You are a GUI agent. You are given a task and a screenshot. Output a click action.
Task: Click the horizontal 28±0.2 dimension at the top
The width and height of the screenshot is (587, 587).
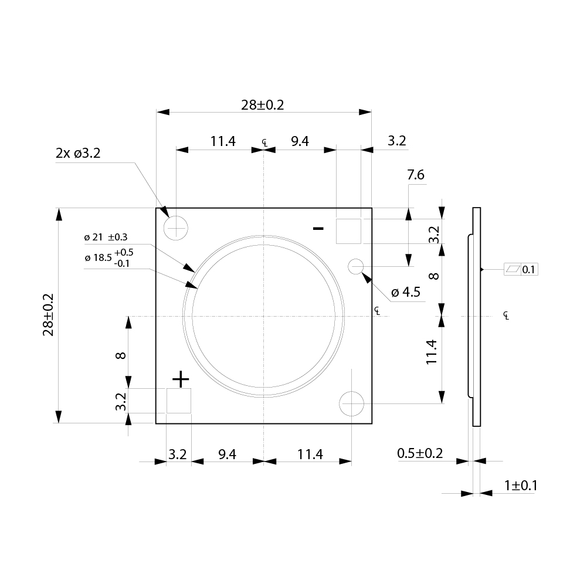(263, 105)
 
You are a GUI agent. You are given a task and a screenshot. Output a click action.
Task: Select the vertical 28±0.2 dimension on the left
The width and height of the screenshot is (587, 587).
(49, 315)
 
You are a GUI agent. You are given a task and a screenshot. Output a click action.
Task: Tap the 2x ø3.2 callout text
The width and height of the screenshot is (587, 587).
(78, 153)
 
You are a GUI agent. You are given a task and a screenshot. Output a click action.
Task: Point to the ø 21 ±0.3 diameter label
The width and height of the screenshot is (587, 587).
(106, 237)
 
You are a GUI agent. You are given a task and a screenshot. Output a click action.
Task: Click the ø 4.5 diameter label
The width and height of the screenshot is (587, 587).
(406, 292)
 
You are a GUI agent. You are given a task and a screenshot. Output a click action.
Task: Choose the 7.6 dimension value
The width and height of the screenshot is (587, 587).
(416, 175)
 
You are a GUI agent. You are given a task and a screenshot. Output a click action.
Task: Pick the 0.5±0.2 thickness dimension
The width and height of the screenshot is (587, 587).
(420, 453)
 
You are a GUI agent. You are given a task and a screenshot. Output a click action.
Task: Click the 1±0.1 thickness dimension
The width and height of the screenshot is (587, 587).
(520, 486)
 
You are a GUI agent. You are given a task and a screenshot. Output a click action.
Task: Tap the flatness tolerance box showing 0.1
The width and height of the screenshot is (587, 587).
(521, 270)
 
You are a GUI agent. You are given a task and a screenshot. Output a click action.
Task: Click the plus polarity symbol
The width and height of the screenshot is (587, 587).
(181, 379)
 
